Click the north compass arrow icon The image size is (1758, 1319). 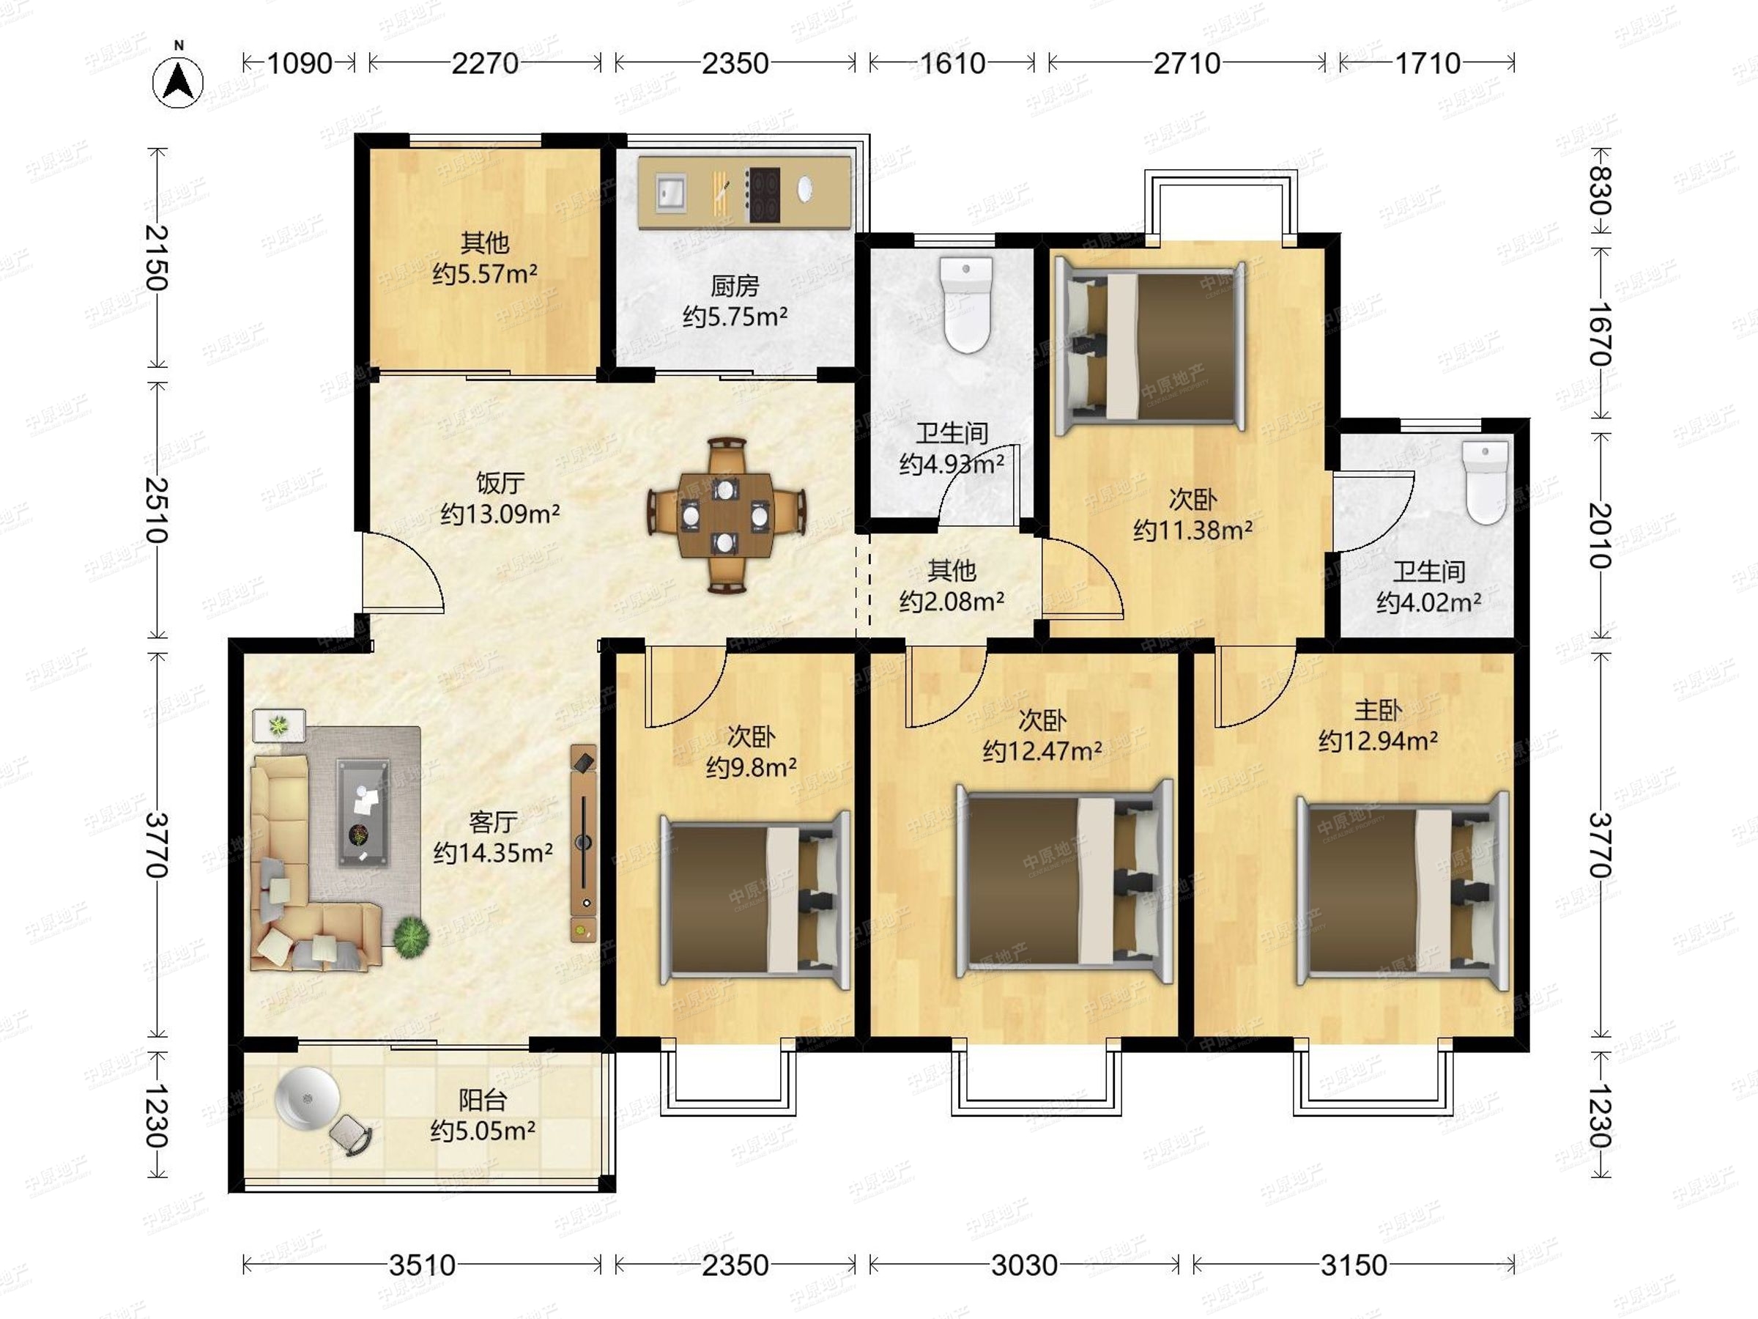click(x=179, y=81)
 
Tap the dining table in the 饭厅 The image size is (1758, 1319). click(x=725, y=515)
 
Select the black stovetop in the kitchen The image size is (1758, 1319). click(x=763, y=194)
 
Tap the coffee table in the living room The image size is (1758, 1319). click(x=363, y=811)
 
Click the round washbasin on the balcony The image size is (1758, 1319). click(x=307, y=1098)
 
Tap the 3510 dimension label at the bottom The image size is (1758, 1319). click(x=422, y=1265)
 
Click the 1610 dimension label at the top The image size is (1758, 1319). click(x=952, y=63)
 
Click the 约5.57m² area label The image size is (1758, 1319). click(x=485, y=274)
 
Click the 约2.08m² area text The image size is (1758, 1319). click(x=952, y=602)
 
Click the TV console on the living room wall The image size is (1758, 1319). click(x=583, y=843)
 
